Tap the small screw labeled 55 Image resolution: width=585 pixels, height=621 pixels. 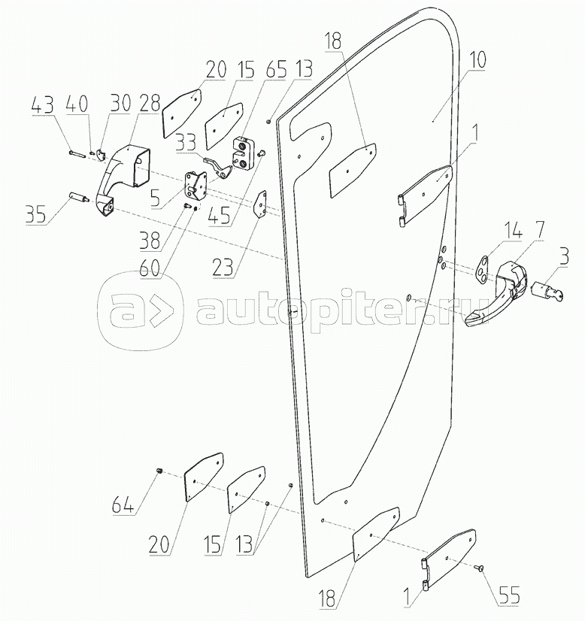pos(479,571)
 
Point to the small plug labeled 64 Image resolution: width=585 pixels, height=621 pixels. pos(159,471)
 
